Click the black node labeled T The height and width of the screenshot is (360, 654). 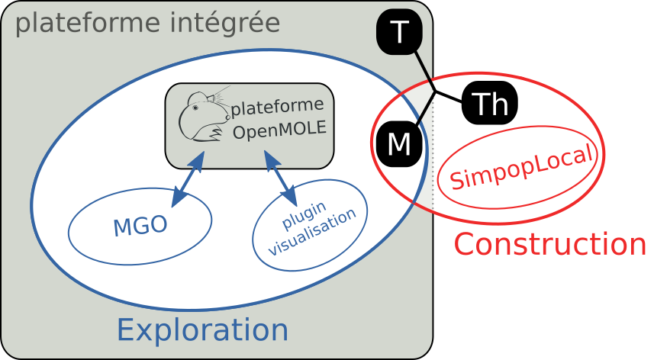click(x=399, y=33)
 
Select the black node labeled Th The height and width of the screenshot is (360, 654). click(x=490, y=103)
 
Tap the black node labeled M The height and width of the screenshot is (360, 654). click(x=398, y=143)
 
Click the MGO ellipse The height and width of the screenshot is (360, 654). click(x=140, y=227)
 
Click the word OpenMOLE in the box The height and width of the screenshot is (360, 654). click(x=279, y=130)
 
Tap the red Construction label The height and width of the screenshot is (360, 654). click(x=550, y=245)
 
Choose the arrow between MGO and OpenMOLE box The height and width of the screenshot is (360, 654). click(x=188, y=179)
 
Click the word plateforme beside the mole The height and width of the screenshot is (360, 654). click(x=278, y=105)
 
